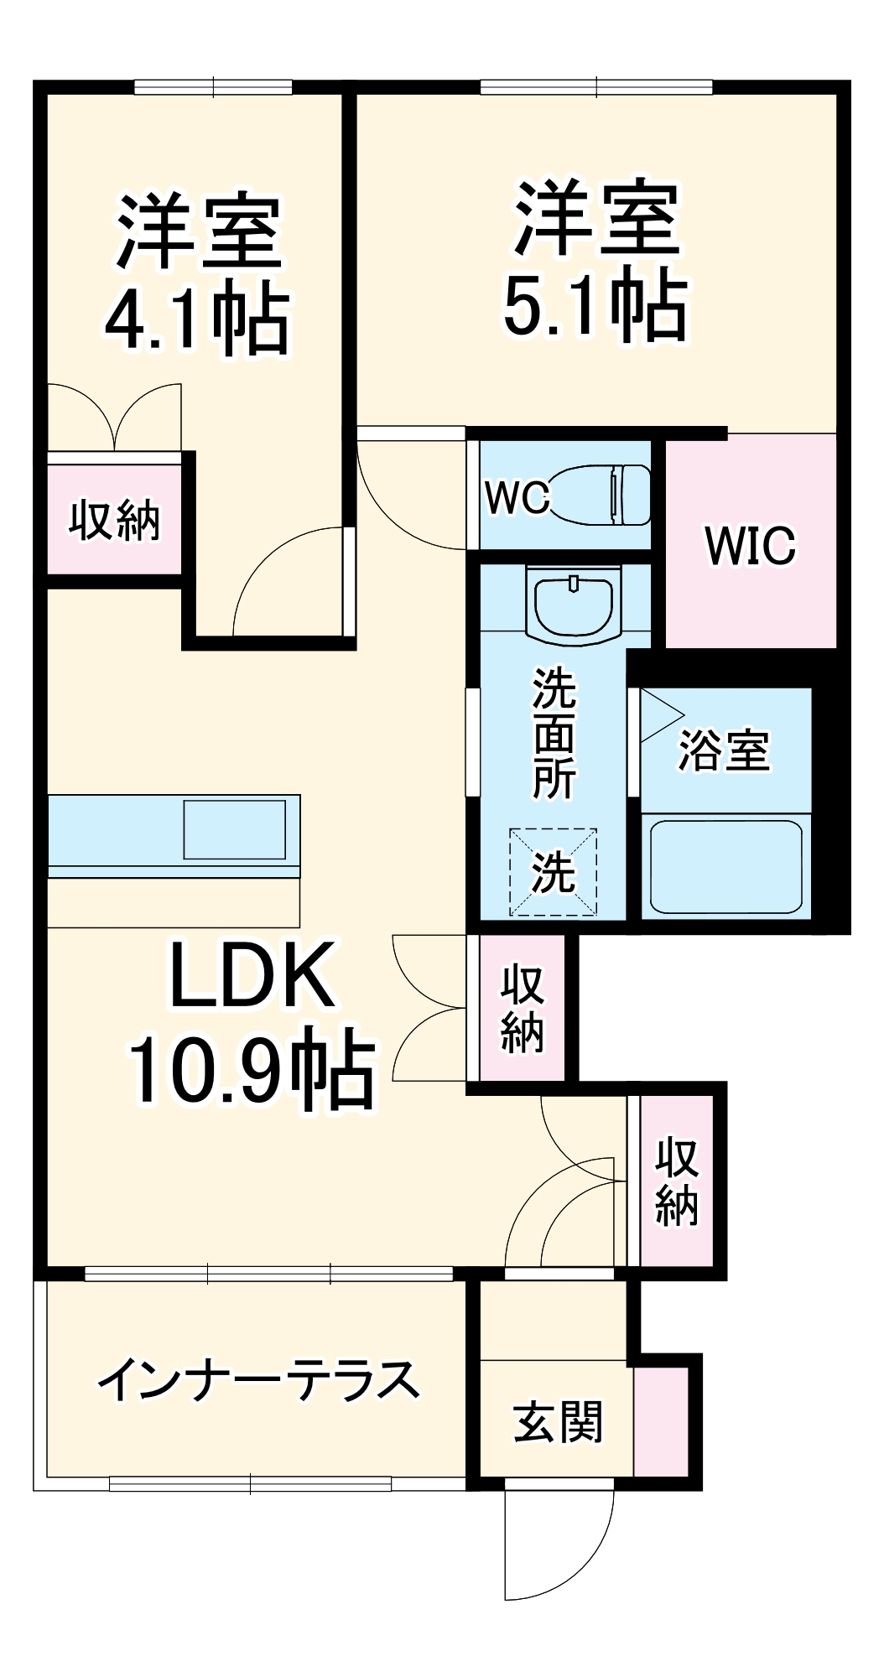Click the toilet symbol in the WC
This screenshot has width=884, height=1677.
[x=599, y=495]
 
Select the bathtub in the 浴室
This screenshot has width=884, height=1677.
[x=725, y=866]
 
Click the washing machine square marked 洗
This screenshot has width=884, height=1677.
[x=553, y=872]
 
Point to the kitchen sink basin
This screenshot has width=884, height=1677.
[x=234, y=829]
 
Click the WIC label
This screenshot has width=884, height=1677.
[x=750, y=546]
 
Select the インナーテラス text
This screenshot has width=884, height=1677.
[x=257, y=1379]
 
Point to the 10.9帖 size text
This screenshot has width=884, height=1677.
[x=252, y=1069]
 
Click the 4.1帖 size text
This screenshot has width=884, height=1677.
[x=197, y=321]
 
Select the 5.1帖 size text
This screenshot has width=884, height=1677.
[x=595, y=305]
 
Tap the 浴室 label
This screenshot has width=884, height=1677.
[x=723, y=750]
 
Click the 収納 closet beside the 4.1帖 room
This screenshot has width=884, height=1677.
[x=114, y=521]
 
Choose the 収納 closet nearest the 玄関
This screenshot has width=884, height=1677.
[x=676, y=1181]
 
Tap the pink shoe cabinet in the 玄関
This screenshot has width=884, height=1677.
[x=660, y=1421]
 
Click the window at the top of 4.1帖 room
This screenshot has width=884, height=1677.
[x=213, y=86]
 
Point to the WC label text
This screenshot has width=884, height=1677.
[x=517, y=497]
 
